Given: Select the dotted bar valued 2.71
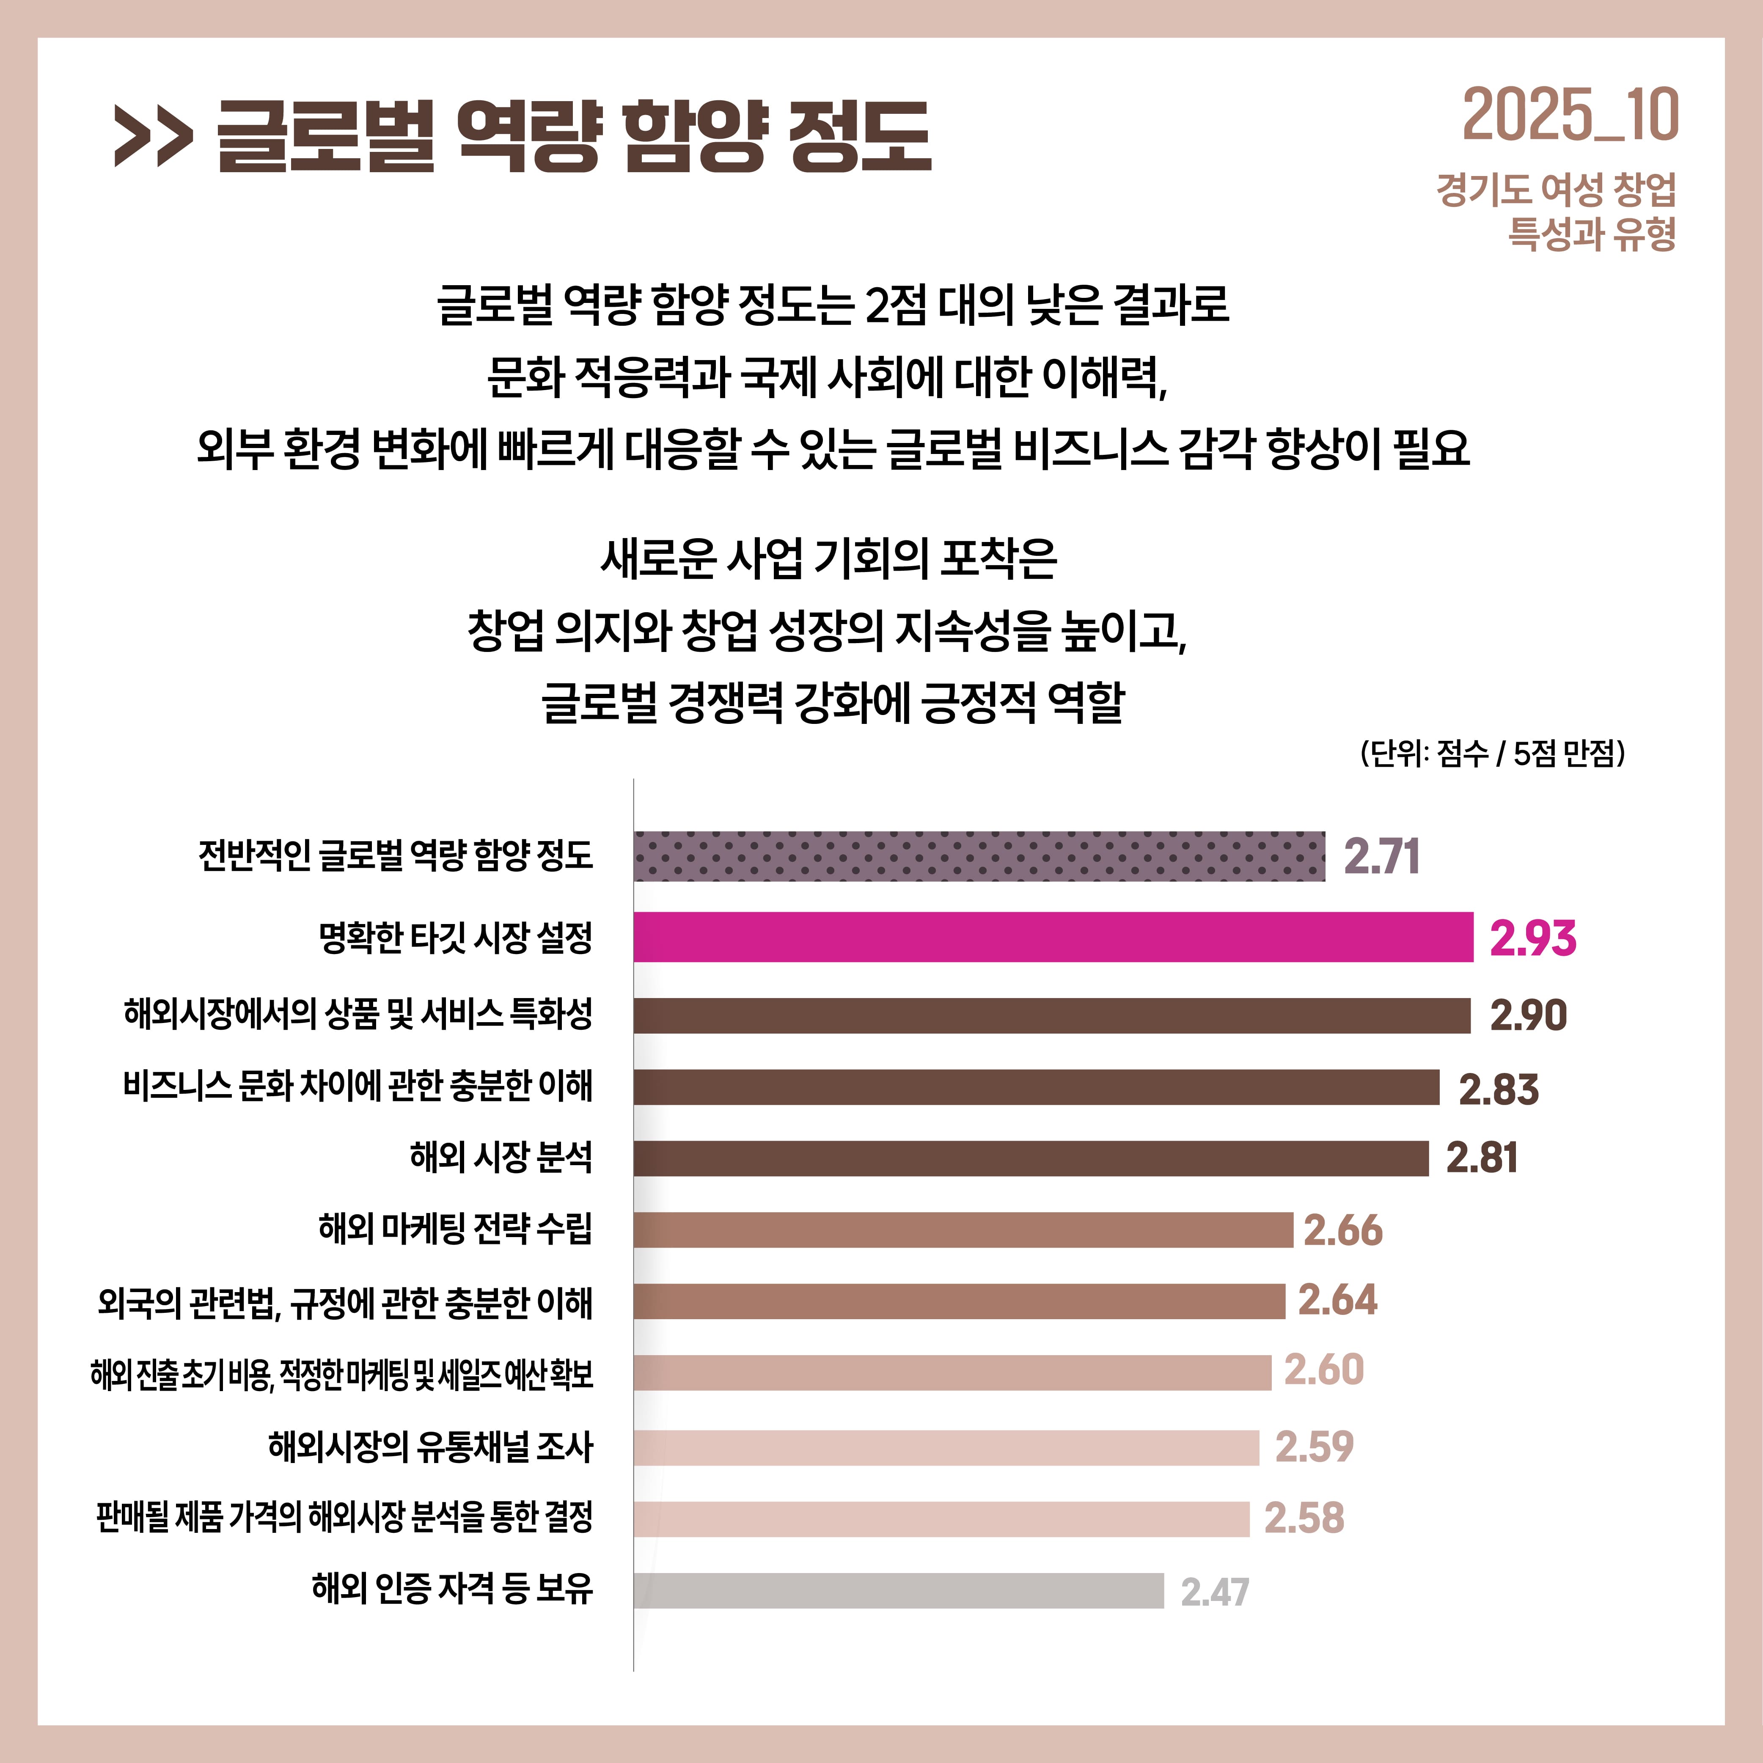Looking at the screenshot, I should pyautogui.click(x=979, y=856).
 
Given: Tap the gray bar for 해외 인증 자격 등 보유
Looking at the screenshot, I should pyautogui.click(x=899, y=1590).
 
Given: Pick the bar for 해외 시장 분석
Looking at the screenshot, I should pyautogui.click(x=1031, y=1158).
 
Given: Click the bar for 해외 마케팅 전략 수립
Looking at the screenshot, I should pyautogui.click(x=964, y=1230).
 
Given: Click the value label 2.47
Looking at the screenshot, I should pyautogui.click(x=1215, y=1592).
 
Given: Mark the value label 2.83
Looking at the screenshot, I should pyautogui.click(x=1499, y=1089).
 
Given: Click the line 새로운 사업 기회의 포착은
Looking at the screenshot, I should pyautogui.click(x=828, y=558).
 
